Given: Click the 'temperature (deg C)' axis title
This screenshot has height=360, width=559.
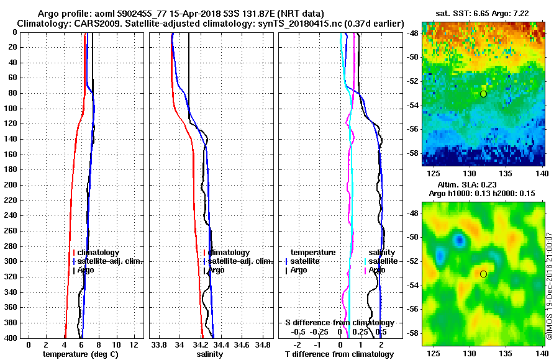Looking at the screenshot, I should point(80,354).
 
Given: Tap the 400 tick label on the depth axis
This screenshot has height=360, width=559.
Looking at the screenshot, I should point(12,338).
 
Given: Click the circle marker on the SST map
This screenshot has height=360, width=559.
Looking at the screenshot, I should point(483,94).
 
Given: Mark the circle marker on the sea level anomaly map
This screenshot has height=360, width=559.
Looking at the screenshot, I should point(483,274).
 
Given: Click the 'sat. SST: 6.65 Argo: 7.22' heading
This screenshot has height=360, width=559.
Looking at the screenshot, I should point(484,13).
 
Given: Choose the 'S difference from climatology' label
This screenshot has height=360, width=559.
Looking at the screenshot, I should point(339,323).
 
